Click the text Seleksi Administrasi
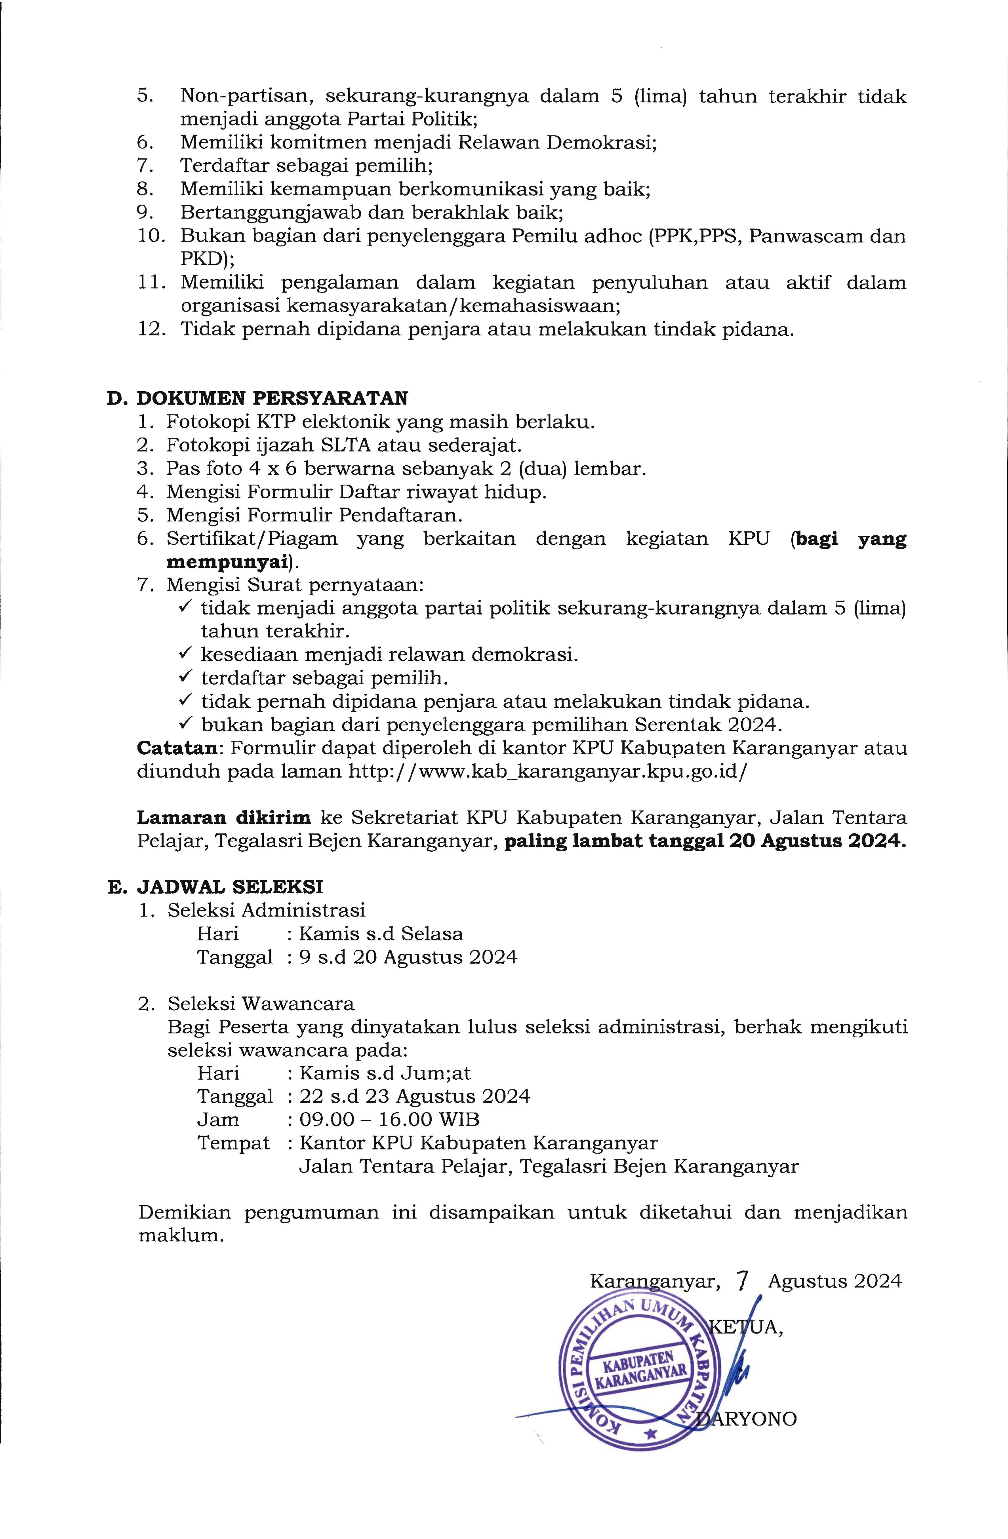266,910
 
